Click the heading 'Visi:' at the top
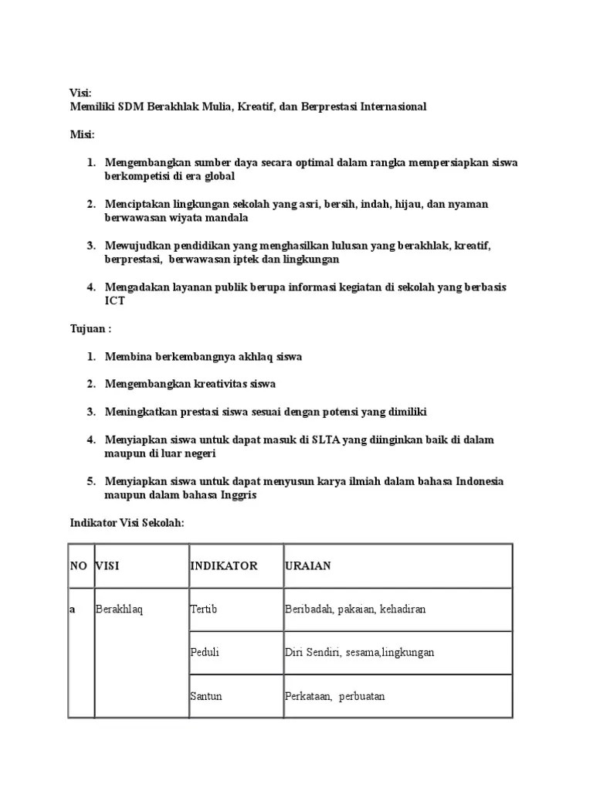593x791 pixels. coord(80,93)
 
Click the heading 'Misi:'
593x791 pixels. coord(82,134)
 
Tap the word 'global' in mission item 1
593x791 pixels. coord(216,176)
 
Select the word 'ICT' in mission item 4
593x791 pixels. coord(114,301)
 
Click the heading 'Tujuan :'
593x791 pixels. coord(90,329)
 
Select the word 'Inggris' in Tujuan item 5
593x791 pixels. coord(237,495)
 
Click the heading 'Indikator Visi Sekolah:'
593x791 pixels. coord(126,523)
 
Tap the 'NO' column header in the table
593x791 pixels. coord(79,566)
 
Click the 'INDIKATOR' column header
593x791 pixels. coord(224,566)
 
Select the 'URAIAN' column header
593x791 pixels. coord(307,566)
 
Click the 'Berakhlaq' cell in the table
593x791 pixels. coord(120,609)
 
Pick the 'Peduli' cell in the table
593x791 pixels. coord(205,653)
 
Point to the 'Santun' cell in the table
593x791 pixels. coord(206,696)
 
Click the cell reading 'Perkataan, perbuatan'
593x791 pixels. coord(334,696)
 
